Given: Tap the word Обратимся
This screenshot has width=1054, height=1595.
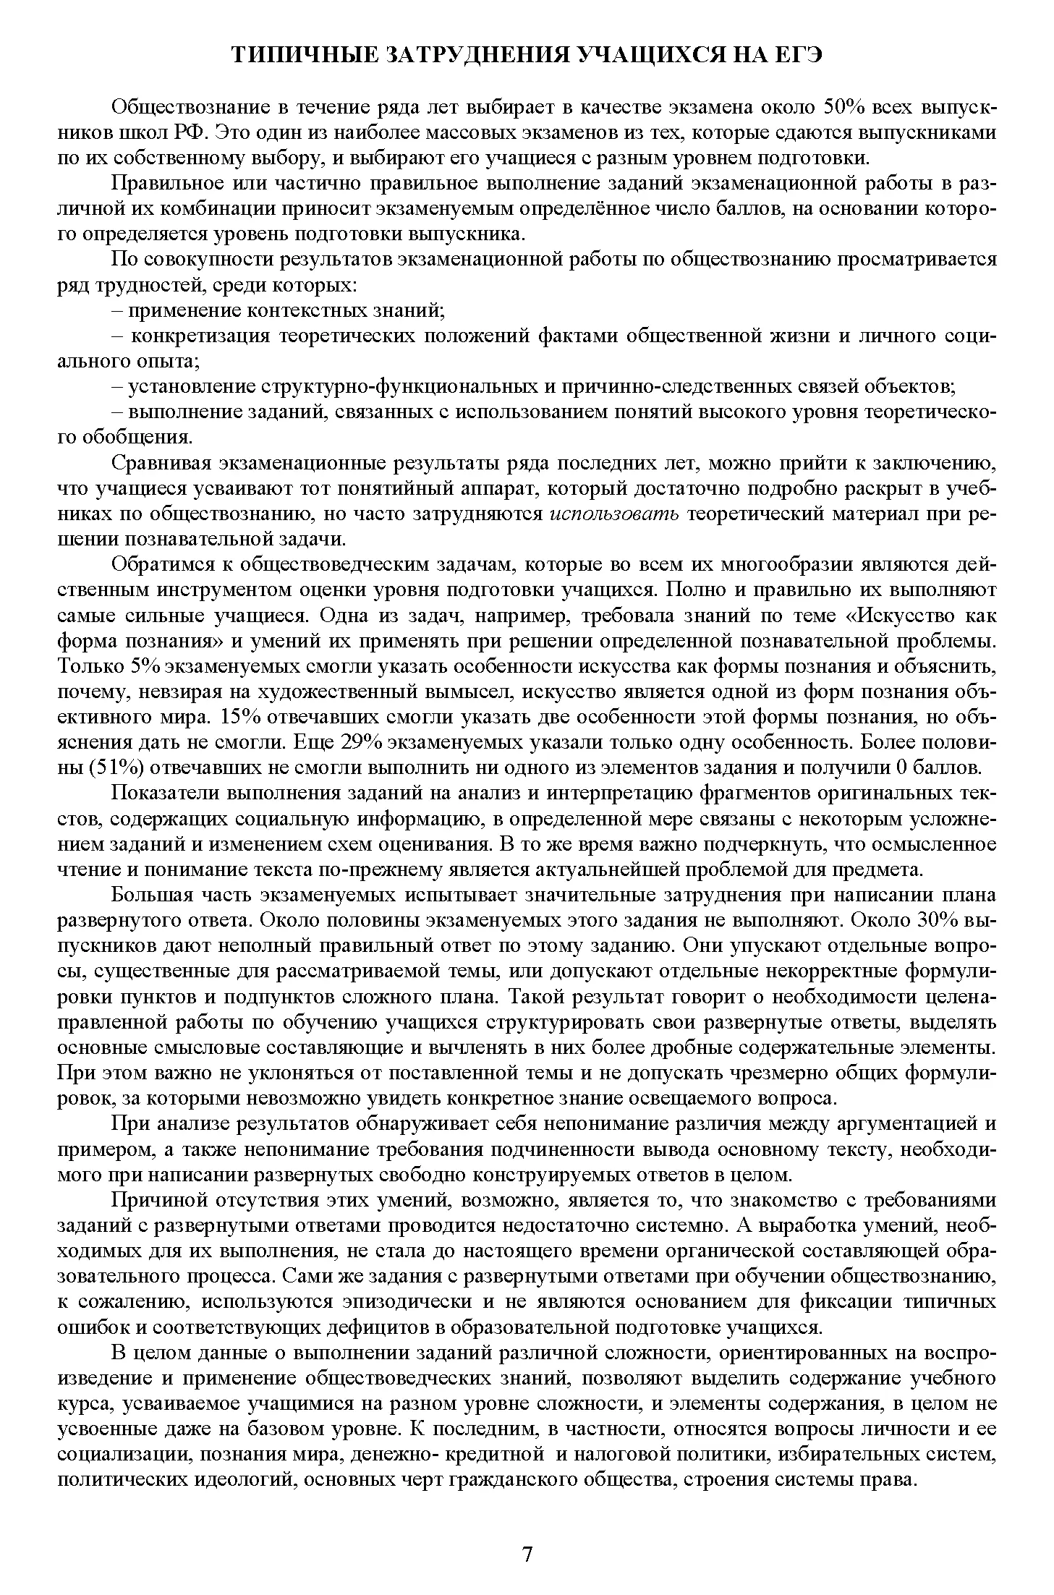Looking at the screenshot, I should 158,565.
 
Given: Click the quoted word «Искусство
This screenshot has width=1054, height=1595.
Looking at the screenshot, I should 896,616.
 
